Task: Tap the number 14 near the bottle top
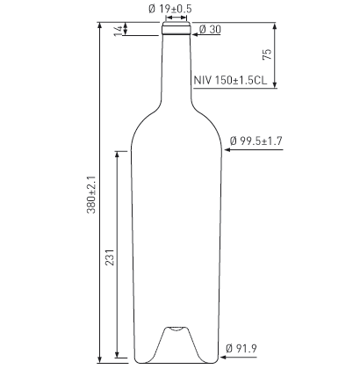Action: pyautogui.click(x=118, y=30)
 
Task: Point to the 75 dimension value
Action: pyautogui.click(x=267, y=55)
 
